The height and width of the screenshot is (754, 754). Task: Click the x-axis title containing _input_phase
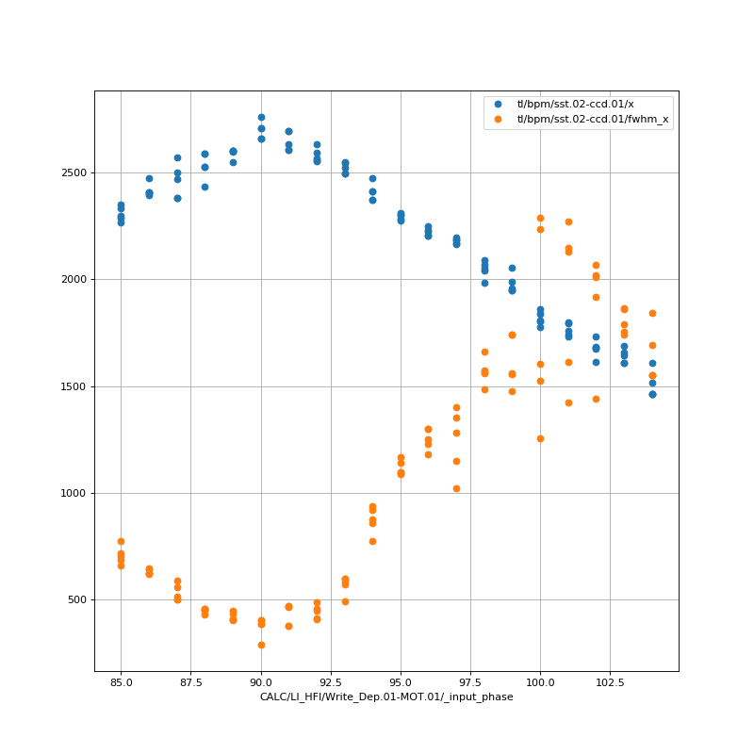pyautogui.click(x=386, y=697)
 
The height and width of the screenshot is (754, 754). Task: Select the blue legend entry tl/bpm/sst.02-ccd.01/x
pyautogui.click(x=588, y=104)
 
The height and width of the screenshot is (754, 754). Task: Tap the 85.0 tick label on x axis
pyautogui.click(x=121, y=680)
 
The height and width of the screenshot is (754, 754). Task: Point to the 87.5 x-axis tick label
pyautogui.click(x=190, y=680)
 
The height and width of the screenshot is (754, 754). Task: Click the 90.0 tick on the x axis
pyautogui.click(x=261, y=680)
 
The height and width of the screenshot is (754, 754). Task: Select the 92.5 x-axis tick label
pyautogui.click(x=331, y=680)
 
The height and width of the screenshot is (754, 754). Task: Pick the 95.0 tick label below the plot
pyautogui.click(x=401, y=680)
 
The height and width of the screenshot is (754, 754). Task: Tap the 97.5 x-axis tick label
pyautogui.click(x=470, y=680)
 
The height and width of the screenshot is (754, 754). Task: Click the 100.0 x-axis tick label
pyautogui.click(x=540, y=680)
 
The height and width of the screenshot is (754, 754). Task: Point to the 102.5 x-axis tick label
pyautogui.click(x=610, y=680)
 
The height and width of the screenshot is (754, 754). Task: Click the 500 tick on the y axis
pyautogui.click(x=76, y=600)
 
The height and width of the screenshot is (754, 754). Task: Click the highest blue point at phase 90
pyautogui.click(x=261, y=117)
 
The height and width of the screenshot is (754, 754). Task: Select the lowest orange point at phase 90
pyautogui.click(x=261, y=645)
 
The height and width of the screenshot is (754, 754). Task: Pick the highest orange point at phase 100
pyautogui.click(x=540, y=218)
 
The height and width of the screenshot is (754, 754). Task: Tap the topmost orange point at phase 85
pyautogui.click(x=121, y=541)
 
